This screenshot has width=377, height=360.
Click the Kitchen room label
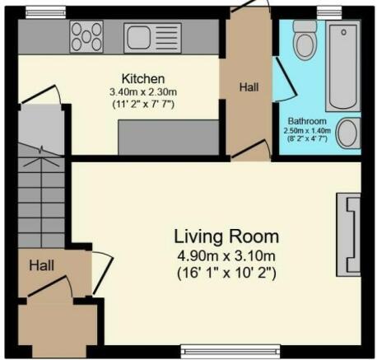point(143,79)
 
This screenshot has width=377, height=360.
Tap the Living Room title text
point(226,236)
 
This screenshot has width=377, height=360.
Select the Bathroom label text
point(307,121)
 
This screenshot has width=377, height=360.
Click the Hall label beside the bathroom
point(249,87)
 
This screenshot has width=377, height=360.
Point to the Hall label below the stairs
point(41,265)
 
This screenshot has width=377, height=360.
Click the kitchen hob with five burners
point(86,37)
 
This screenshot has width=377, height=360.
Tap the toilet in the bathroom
point(305,40)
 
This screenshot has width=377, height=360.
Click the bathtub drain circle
point(343,32)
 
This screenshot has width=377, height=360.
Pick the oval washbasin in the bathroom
point(347,133)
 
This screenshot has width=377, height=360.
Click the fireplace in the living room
point(348,235)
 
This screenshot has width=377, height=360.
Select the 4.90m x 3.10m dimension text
point(226,256)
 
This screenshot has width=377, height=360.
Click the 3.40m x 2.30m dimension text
point(143,92)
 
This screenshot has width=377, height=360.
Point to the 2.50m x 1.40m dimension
point(307,130)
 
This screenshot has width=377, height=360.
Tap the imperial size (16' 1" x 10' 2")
point(226,274)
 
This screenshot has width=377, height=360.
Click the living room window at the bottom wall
point(230,351)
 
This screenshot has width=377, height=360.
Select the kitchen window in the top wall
point(46,12)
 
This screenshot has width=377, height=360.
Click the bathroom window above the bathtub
point(329,13)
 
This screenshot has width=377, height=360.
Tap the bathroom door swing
point(285,80)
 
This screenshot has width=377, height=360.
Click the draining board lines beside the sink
point(167,38)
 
